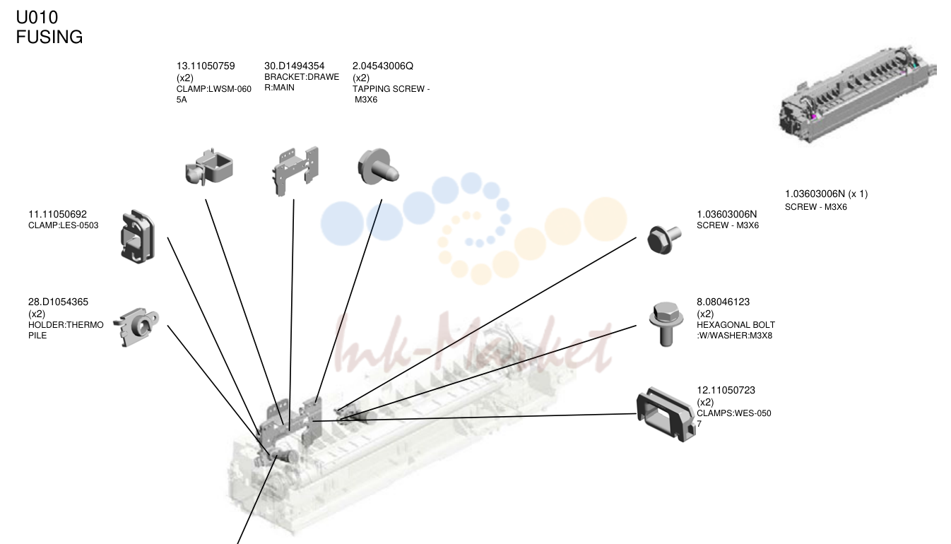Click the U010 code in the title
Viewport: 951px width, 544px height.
click(x=37, y=18)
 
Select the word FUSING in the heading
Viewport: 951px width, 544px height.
click(x=49, y=37)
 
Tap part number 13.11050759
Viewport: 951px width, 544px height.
click(x=206, y=66)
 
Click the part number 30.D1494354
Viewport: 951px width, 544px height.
click(x=294, y=66)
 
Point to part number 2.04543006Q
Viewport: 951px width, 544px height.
click(x=382, y=66)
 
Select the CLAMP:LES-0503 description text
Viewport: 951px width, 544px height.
click(x=64, y=225)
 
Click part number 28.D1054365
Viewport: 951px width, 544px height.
click(x=58, y=302)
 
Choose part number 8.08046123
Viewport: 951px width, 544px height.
click(x=723, y=302)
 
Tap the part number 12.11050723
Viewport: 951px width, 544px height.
click(x=726, y=390)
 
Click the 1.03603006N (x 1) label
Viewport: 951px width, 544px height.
click(x=826, y=194)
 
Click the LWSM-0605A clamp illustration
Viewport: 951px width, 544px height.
click(x=209, y=167)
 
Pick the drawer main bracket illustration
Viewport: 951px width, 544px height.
click(x=295, y=171)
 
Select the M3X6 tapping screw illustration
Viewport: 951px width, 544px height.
click(x=378, y=167)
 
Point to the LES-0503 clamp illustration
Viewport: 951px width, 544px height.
click(x=138, y=237)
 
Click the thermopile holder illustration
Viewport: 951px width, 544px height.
click(x=136, y=326)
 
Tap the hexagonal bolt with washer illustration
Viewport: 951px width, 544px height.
click(x=666, y=324)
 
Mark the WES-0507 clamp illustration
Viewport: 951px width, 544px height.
click(x=665, y=415)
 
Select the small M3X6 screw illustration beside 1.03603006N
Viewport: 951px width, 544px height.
click(x=663, y=240)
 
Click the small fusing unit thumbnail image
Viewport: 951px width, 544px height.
click(x=857, y=95)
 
